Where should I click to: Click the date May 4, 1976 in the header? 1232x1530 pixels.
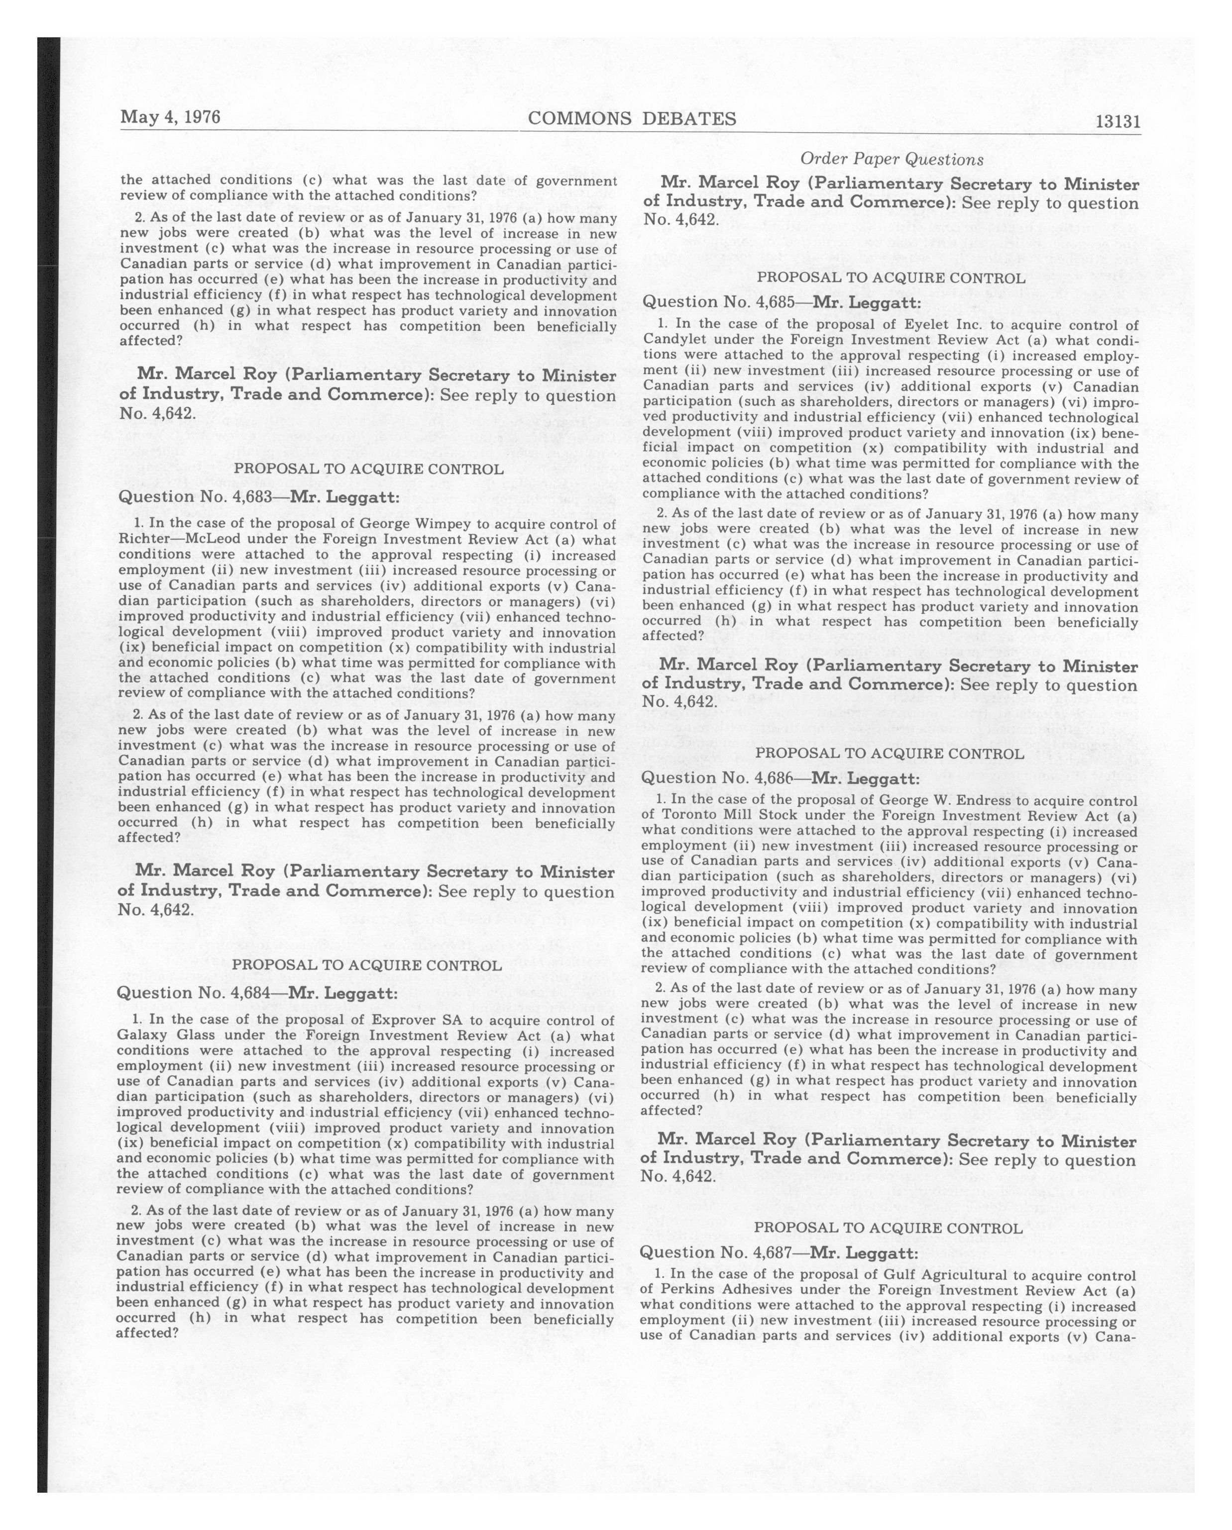170,117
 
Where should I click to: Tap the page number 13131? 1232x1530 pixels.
1118,121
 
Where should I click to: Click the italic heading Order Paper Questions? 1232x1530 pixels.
892,160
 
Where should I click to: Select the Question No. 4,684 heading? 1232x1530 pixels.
257,993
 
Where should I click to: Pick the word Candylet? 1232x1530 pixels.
673,341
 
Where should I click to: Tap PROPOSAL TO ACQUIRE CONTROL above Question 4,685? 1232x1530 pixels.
891,279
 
